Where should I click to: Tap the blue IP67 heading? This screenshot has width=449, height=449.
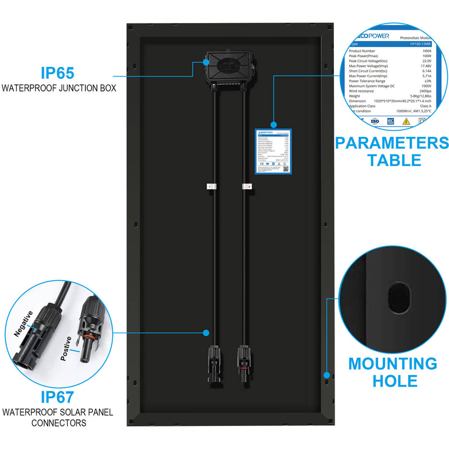(x=57, y=397)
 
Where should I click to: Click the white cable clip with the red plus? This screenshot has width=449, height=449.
(x=246, y=186)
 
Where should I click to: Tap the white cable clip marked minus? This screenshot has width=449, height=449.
(x=210, y=186)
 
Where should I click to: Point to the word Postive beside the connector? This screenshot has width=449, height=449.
(x=66, y=349)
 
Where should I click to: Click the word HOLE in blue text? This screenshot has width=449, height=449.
(x=392, y=381)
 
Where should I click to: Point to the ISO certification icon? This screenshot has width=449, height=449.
(x=375, y=120)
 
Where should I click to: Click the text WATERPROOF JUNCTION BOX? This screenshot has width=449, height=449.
(x=58, y=88)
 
